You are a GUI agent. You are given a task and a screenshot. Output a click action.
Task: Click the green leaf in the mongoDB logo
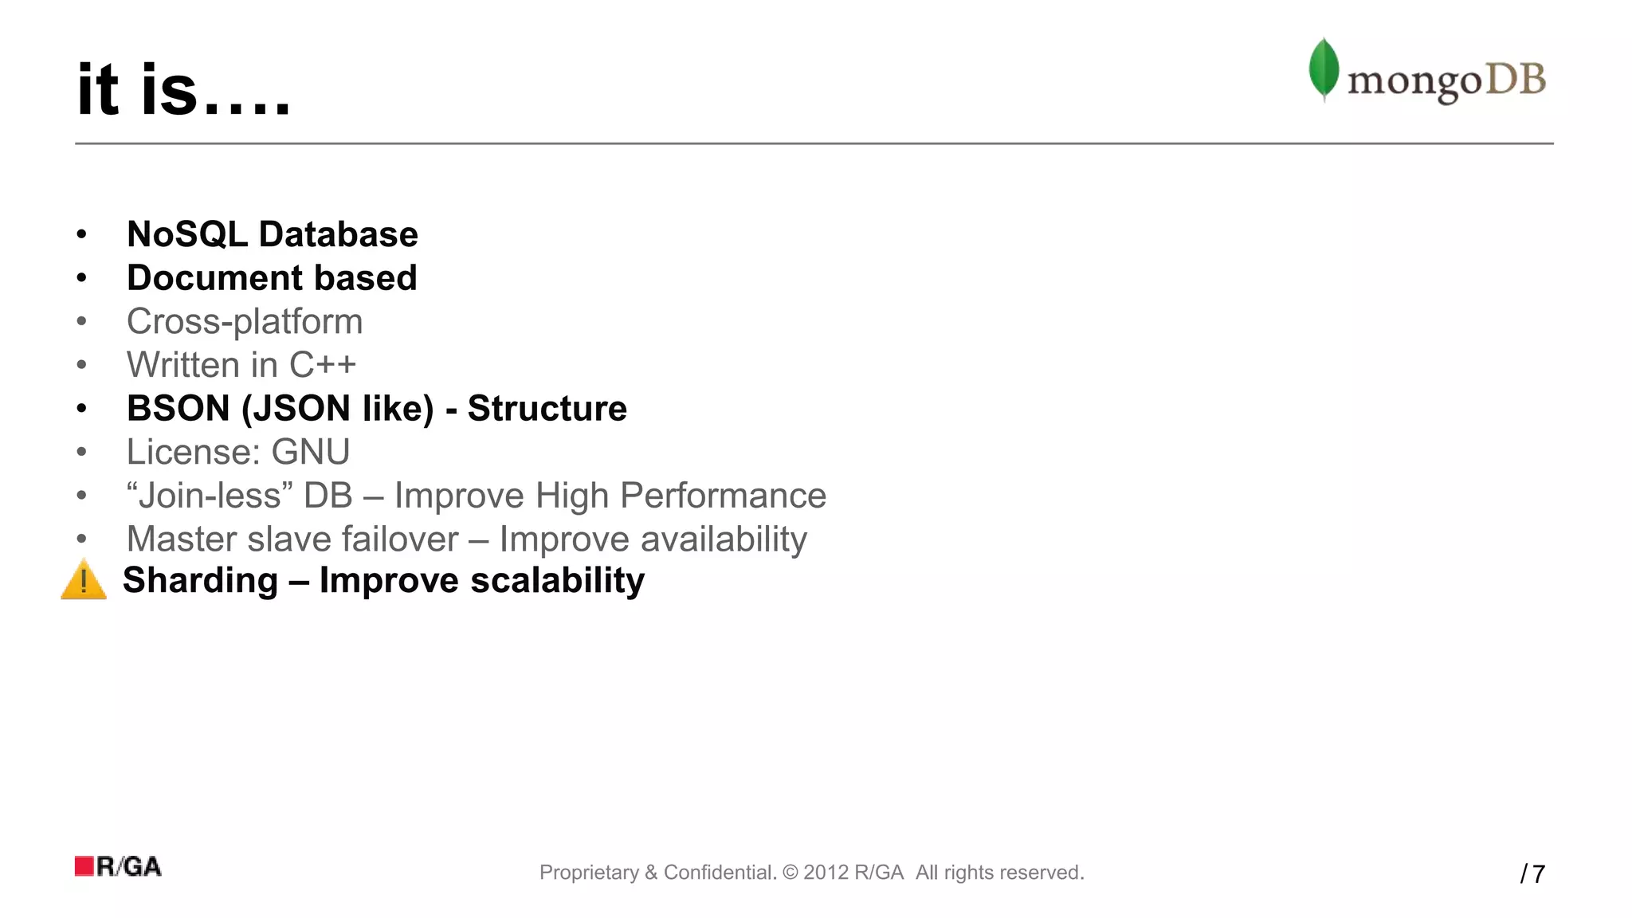[x=1324, y=69]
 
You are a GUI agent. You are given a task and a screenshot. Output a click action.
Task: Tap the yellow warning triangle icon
[x=84, y=580]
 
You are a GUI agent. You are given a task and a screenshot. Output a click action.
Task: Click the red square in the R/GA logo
[x=84, y=866]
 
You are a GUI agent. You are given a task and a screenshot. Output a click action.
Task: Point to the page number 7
[x=1539, y=874]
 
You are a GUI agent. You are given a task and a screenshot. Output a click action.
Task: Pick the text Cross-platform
[x=245, y=322]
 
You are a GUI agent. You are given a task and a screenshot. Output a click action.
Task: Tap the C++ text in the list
[x=322, y=365]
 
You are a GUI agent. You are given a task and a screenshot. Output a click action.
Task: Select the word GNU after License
[x=311, y=452]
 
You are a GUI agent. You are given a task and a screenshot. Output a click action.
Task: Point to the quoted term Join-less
[x=210, y=496]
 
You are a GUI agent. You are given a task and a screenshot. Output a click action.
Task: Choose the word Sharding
[x=200, y=580]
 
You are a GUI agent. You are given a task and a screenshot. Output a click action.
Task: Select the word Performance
[x=723, y=496]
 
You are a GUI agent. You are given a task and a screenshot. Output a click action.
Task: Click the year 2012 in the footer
[x=826, y=873]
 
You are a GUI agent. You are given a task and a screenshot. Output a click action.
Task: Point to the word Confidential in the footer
[x=720, y=873]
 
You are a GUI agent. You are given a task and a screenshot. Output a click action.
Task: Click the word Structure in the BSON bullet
[x=547, y=409]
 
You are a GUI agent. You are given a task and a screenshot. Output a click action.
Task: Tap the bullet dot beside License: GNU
[x=81, y=453]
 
